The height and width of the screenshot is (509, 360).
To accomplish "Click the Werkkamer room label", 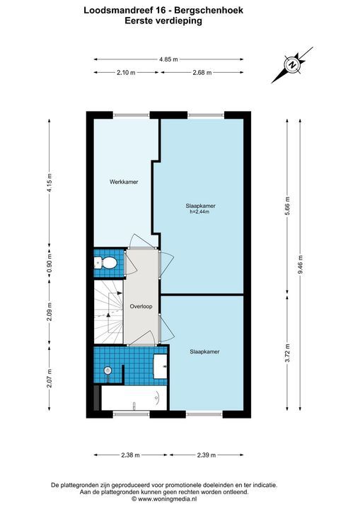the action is tap(124, 182).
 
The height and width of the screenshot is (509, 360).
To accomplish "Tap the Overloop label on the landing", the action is tap(141, 306).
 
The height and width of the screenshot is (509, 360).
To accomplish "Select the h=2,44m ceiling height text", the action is tap(199, 212).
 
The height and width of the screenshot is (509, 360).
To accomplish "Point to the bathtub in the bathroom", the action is tap(134, 398).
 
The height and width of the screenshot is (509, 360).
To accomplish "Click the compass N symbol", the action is tap(293, 64).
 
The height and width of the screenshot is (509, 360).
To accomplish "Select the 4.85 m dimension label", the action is tap(168, 59).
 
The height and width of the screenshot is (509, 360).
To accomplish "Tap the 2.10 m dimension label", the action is tap(126, 73).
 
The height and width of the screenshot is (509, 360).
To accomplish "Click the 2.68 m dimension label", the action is tap(202, 73).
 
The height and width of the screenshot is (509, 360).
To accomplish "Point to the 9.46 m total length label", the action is tap(300, 264).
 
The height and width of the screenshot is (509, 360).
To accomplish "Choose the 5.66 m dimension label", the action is tap(288, 206).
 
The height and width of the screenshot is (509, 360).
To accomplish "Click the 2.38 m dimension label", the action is tap(130, 455).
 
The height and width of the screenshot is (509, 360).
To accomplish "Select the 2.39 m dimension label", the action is tap(207, 455).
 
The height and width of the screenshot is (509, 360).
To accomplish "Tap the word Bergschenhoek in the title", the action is tap(209, 11).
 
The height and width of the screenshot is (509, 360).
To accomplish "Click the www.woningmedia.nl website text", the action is tap(167, 499).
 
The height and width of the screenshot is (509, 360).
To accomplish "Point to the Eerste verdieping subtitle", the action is tap(163, 21).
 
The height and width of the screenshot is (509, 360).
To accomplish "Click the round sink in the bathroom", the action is tap(108, 370).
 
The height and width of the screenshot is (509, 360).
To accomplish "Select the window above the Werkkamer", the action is tap(132, 115).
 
